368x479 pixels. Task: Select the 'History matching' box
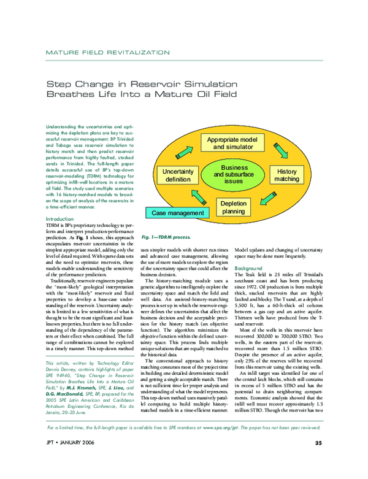286,175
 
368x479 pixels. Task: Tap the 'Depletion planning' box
233,207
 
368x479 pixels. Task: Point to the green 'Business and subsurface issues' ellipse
234,175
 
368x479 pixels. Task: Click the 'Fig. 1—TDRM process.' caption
166,237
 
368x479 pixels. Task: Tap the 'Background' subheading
249,269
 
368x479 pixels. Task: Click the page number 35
318,460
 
